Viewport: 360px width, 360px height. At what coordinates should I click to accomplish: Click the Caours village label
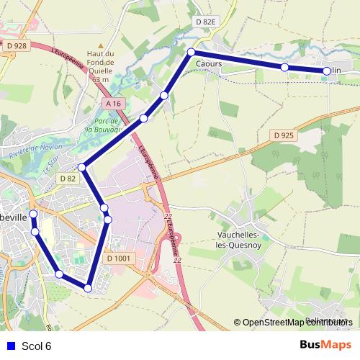pyautogui.click(x=208, y=64)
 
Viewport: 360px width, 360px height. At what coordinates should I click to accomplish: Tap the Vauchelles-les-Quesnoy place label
pyautogui.click(x=244, y=239)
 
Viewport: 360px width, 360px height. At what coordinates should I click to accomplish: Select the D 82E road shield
pyautogui.click(x=205, y=22)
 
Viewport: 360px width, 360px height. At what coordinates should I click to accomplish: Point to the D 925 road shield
pyautogui.click(x=284, y=135)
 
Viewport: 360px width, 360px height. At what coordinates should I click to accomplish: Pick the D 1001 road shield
pyautogui.click(x=119, y=258)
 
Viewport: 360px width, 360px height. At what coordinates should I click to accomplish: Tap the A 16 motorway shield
pyautogui.click(x=113, y=104)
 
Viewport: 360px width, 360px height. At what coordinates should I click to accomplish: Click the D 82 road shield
pyautogui.click(x=68, y=178)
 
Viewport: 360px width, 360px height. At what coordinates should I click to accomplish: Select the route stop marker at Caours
pyautogui.click(x=192, y=52)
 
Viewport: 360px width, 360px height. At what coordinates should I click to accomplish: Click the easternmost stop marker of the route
pyautogui.click(x=327, y=71)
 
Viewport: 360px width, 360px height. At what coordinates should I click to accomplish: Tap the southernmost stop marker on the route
pyautogui.click(x=88, y=288)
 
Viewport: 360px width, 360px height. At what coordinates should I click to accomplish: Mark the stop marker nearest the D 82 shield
pyautogui.click(x=82, y=167)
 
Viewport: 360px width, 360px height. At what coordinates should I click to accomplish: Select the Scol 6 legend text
pyautogui.click(x=37, y=346)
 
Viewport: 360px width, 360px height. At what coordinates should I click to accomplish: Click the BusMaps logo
pyautogui.click(x=325, y=345)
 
